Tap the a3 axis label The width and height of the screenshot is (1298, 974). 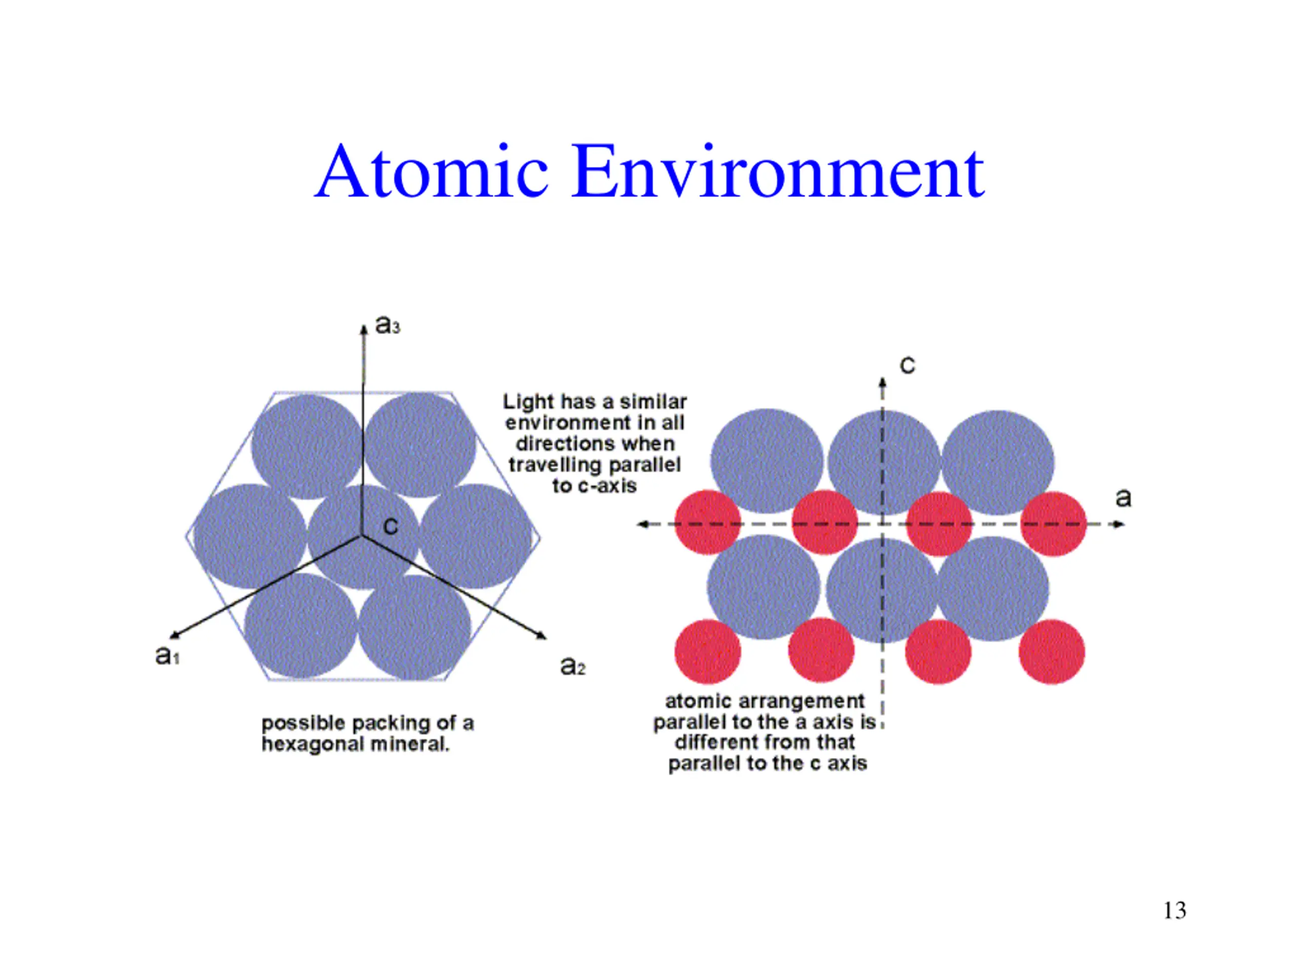click(387, 324)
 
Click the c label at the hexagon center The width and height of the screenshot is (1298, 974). click(390, 526)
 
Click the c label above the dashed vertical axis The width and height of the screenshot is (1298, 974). click(907, 365)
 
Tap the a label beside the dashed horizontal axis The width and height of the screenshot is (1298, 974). click(1123, 498)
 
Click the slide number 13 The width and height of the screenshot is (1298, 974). click(1175, 911)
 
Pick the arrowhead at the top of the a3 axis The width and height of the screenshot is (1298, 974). click(364, 328)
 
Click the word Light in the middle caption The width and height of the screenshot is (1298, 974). click(529, 402)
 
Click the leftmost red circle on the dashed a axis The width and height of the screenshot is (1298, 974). click(708, 523)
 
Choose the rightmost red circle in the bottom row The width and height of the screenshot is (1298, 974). click(1052, 652)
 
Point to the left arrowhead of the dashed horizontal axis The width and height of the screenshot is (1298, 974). click(643, 524)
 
